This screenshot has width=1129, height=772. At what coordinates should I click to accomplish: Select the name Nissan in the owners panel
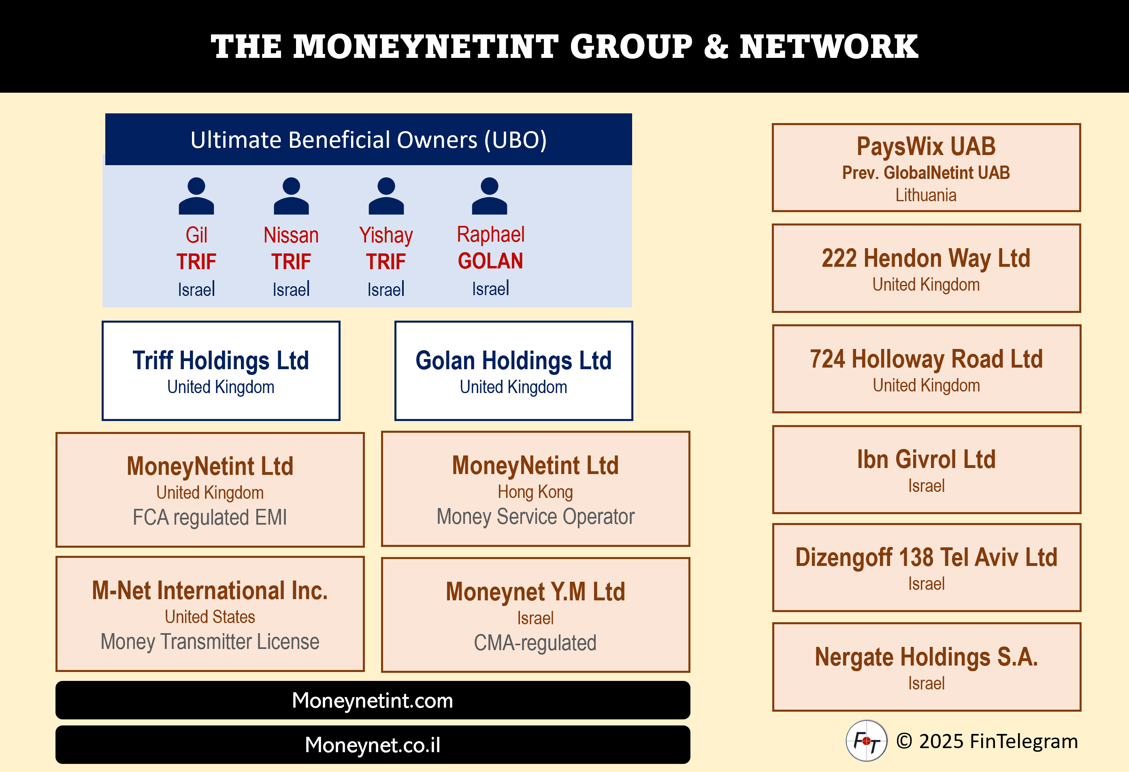[x=291, y=236]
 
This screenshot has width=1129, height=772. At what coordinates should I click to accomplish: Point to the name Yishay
[x=386, y=236]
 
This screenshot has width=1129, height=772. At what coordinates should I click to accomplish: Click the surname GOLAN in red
[x=490, y=261]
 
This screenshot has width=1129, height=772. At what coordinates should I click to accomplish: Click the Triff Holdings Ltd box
[x=221, y=370]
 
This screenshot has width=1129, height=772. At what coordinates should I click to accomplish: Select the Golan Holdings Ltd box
[x=513, y=370]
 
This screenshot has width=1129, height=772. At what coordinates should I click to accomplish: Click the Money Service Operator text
[x=535, y=517]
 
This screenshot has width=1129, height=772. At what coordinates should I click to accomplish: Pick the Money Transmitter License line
[x=210, y=641]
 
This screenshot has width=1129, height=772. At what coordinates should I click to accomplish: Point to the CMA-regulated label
[x=535, y=643]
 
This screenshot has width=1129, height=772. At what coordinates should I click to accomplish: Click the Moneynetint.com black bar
[x=373, y=700]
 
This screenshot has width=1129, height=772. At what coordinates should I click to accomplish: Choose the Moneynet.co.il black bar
[x=373, y=745]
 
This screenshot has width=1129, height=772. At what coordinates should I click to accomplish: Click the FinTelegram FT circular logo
[x=866, y=741]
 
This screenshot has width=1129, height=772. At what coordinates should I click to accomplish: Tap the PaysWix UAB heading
[x=926, y=147]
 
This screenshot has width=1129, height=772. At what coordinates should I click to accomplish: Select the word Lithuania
[x=926, y=195]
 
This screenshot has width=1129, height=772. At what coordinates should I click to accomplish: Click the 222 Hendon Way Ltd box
[x=927, y=268]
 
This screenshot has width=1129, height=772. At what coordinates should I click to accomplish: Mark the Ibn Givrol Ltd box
[x=927, y=470]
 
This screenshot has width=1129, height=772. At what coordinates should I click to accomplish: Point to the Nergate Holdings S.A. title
[x=926, y=657]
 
